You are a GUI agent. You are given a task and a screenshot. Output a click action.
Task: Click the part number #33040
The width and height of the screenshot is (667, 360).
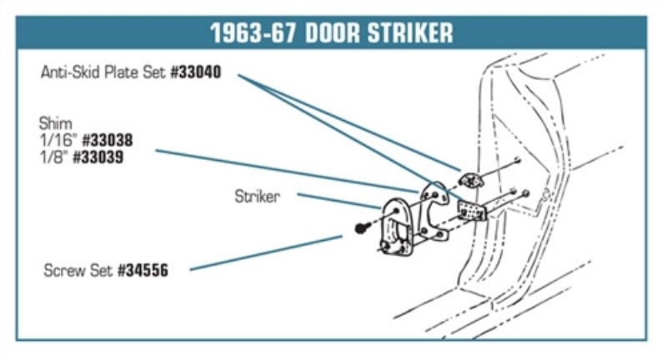(x=196, y=72)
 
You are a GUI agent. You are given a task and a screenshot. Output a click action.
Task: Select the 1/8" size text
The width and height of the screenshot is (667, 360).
(x=53, y=156)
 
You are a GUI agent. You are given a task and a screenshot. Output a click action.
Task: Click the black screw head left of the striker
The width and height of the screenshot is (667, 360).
(x=360, y=227)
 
